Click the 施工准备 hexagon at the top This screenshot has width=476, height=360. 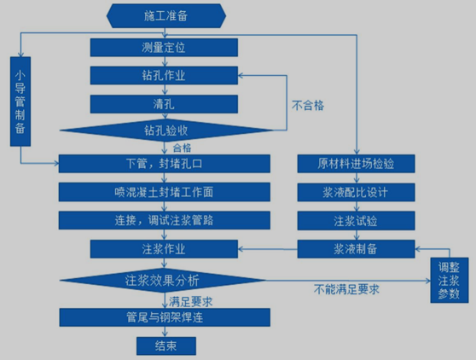(166, 16)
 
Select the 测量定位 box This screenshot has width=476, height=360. (164, 48)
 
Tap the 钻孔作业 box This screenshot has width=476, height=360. (164, 76)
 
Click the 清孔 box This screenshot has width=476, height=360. (164, 104)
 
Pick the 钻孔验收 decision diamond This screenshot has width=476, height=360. (166, 131)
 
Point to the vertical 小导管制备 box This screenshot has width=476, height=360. (20, 102)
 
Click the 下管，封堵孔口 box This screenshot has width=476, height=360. (165, 164)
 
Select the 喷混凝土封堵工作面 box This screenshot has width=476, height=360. (165, 192)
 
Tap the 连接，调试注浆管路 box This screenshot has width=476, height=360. (165, 220)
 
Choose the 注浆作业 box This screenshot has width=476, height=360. (164, 249)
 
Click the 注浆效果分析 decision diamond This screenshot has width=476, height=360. (163, 280)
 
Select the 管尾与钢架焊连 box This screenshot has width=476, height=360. (165, 317)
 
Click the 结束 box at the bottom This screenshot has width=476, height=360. (166, 345)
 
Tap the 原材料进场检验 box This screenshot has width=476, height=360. (356, 164)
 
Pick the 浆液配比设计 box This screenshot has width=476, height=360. (356, 192)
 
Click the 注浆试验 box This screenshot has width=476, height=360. (356, 221)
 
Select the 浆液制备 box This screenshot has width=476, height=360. (356, 249)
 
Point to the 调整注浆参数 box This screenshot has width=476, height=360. (450, 280)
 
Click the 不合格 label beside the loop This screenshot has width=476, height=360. (308, 106)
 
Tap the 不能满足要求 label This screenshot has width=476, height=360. (346, 289)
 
